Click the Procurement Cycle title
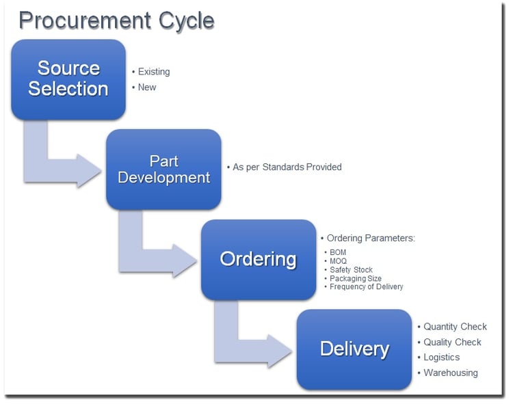coord(117,21)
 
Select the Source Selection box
coord(68,79)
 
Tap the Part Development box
coord(163,170)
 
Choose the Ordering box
coord(259,260)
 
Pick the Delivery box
coord(354,349)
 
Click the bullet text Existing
coord(154,72)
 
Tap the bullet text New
coord(147,87)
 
